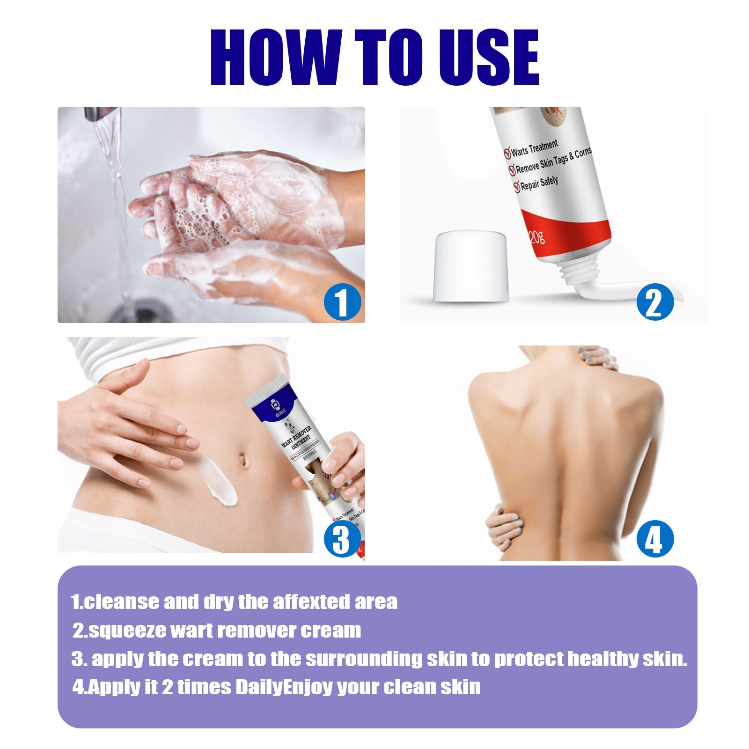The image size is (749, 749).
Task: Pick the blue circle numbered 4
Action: (654, 539)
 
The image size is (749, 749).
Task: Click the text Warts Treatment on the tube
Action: (534, 149)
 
